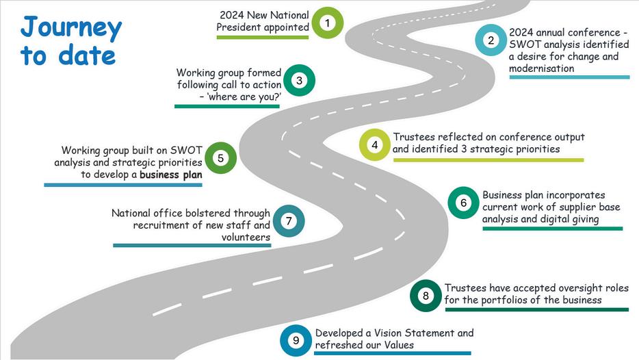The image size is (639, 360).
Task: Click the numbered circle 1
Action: click(x=328, y=23)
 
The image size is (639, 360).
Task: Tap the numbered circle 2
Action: click(x=491, y=40)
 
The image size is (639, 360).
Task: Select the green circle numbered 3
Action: click(x=299, y=81)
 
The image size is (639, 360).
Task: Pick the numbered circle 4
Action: click(x=375, y=144)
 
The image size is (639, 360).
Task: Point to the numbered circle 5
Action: click(x=220, y=158)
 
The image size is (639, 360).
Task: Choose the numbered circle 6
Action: click(x=463, y=203)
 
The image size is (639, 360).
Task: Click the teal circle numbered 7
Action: click(x=289, y=221)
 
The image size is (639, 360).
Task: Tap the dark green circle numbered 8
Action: click(x=426, y=296)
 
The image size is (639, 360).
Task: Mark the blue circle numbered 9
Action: click(x=296, y=340)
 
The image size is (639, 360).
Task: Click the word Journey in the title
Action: click(x=71, y=28)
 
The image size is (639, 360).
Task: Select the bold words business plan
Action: click(x=170, y=175)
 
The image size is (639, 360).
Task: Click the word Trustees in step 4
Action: click(x=413, y=137)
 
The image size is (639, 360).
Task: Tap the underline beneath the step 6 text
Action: click(x=552, y=229)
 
